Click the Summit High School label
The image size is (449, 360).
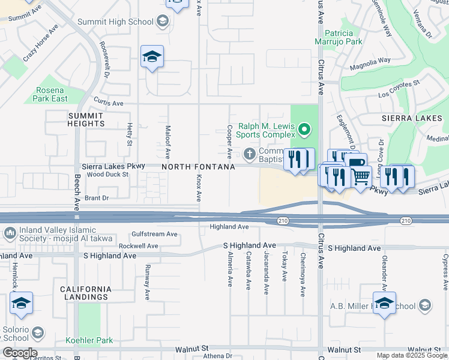point(116,22)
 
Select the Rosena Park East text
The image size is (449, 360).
point(50,94)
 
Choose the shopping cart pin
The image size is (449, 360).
point(361,176)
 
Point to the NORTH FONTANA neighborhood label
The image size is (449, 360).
point(197,167)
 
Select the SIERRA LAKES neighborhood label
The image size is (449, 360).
point(411,119)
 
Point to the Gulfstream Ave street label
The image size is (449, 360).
point(155,234)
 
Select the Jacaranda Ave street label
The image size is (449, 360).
point(266,265)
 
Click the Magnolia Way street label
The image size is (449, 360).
point(370,61)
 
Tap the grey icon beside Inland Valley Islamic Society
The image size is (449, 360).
point(10,232)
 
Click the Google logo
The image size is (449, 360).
point(19,353)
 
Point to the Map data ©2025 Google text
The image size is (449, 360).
point(412,355)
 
